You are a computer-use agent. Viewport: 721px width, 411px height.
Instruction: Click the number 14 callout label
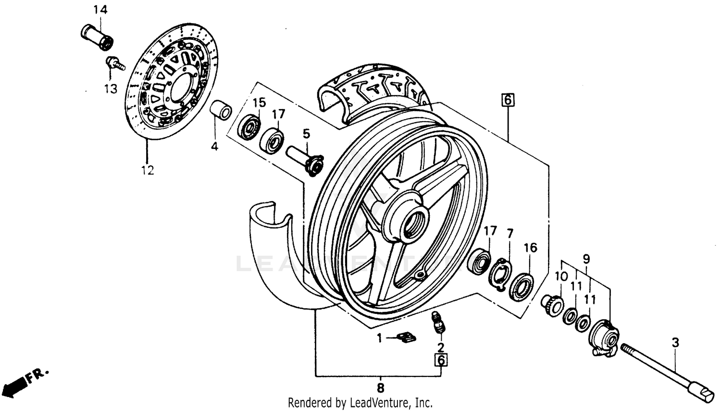(100, 10)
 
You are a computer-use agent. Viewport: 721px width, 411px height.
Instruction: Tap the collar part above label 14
(97, 36)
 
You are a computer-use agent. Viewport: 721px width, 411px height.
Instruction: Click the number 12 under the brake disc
(148, 170)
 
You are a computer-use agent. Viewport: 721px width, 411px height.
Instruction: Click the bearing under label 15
(249, 127)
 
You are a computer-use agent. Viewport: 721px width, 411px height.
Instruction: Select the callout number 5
(306, 134)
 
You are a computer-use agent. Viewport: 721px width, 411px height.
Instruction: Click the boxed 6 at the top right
(508, 100)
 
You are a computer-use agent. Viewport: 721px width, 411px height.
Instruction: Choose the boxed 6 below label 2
(441, 360)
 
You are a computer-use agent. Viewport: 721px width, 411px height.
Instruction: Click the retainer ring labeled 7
(500, 273)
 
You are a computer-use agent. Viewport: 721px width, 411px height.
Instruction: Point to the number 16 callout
(530, 248)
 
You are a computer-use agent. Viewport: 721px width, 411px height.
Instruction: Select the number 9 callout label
(586, 259)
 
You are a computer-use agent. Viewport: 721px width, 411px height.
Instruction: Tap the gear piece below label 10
(553, 305)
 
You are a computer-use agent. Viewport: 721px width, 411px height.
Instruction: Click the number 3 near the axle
(675, 343)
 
